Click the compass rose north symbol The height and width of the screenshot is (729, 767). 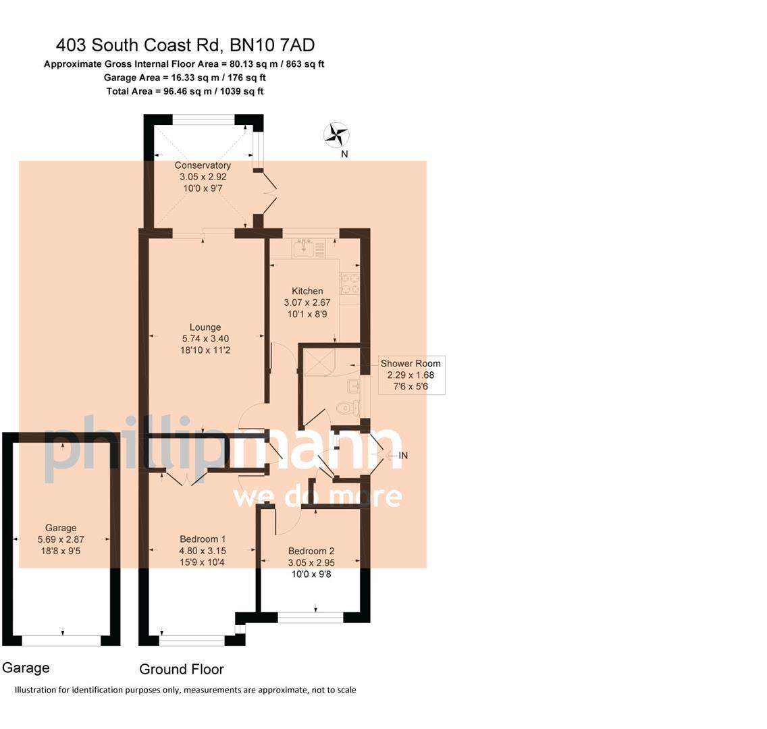coord(336,135)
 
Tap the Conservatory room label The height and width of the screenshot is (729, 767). coord(203,165)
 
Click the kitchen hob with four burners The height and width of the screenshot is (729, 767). coord(349,283)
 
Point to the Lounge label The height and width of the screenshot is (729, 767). coord(205,327)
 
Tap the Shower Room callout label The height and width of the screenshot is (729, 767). coord(411,363)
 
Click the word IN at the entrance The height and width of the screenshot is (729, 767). coord(403,456)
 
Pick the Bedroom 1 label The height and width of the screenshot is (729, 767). coord(203,539)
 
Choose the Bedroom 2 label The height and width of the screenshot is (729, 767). coord(311,551)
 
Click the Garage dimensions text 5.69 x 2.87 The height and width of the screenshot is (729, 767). coord(61,539)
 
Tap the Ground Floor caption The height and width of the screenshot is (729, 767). coord(181,669)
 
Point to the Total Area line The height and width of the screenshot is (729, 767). coord(185,91)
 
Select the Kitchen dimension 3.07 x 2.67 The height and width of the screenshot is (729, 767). coord(307,302)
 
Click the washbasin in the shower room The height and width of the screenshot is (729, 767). coord(354,386)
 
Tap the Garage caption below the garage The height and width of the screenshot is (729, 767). coord(26,668)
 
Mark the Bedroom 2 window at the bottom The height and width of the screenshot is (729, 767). coord(311,616)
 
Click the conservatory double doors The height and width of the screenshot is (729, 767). coord(269,194)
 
